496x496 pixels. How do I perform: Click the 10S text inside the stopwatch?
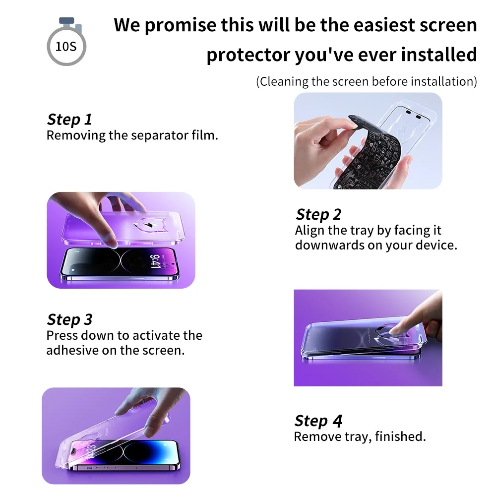point(66,47)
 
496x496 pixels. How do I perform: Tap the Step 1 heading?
point(69,120)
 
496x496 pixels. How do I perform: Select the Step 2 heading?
point(318,214)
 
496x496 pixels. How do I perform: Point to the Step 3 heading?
point(69,319)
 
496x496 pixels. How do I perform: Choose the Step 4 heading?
point(318,421)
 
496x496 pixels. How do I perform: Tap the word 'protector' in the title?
point(248,55)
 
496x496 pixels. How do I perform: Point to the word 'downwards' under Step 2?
point(330,245)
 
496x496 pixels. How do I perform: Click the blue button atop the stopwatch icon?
point(67,21)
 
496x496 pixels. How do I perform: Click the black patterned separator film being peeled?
point(367,152)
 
